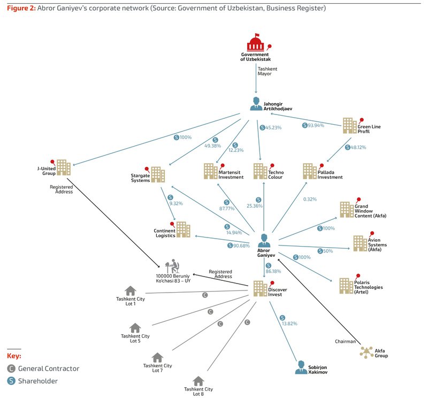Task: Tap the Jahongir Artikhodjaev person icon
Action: pos(256,104)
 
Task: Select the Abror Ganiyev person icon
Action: pos(264,241)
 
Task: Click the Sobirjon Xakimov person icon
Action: pos(301,367)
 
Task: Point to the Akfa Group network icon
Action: pos(366,353)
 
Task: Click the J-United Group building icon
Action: pos(64,167)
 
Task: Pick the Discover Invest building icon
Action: pos(260,288)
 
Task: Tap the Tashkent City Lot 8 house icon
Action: pos(198,381)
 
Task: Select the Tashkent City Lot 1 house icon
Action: pos(131,290)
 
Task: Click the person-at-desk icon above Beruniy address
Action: pos(172,266)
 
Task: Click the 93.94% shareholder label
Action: pos(313,125)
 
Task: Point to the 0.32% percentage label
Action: pos(310,200)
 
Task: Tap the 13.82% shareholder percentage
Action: pos(289,324)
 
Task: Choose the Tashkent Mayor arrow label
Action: pos(267,71)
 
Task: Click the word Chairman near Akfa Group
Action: pos(345,341)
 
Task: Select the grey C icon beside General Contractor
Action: pos(11,369)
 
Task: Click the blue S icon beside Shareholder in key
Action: pos(11,381)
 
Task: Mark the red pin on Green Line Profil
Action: pos(361,120)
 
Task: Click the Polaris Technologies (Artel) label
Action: pos(368,287)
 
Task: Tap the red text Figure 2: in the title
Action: pos(21,8)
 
